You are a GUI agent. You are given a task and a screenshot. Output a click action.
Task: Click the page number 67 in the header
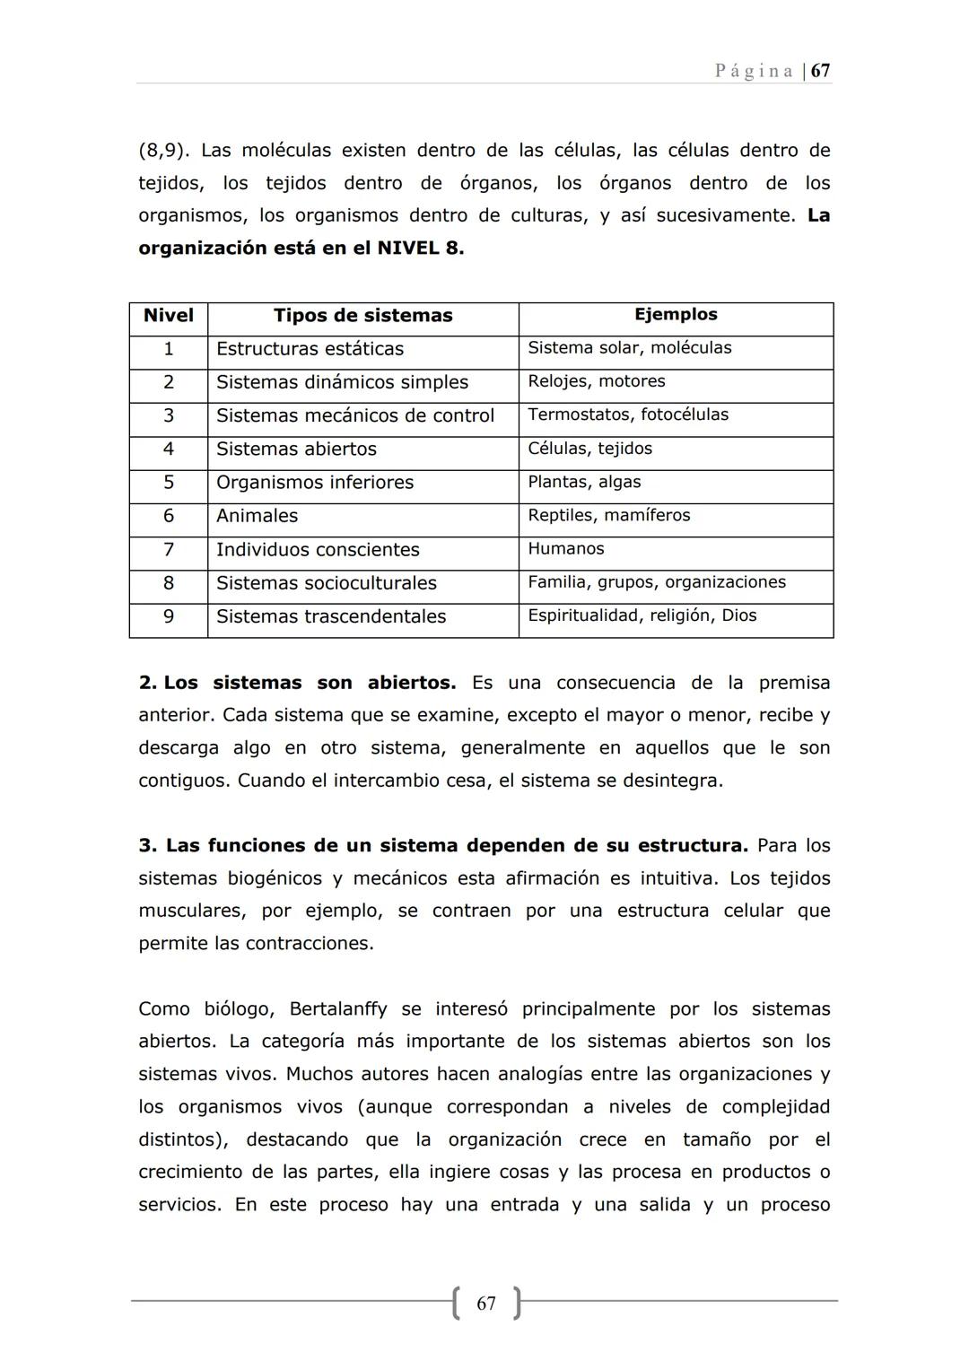[x=820, y=71]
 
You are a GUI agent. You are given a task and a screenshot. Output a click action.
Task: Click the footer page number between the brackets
[x=486, y=1304]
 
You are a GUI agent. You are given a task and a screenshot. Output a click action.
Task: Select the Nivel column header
[x=169, y=316]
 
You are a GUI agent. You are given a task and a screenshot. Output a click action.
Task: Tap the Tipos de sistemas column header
[x=362, y=316]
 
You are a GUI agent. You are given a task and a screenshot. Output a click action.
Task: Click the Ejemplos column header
[x=676, y=315]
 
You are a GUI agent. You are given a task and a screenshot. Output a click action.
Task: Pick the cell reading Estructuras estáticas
[x=310, y=349]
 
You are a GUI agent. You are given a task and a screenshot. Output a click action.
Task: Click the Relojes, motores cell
[x=597, y=381]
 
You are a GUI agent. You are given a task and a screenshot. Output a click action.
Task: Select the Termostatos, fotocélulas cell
[x=628, y=414]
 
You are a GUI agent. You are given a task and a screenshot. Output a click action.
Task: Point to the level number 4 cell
[x=169, y=449]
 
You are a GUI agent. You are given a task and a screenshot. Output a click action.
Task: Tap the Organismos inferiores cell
[x=315, y=483]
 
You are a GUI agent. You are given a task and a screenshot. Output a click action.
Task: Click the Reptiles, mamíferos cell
[x=609, y=515]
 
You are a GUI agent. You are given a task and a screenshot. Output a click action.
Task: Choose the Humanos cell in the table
[x=566, y=549]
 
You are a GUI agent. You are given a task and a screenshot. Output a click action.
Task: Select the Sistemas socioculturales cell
[x=327, y=583]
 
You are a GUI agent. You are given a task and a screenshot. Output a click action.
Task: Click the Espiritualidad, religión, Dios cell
[x=642, y=615]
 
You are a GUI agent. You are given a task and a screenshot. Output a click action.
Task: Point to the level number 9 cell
[x=169, y=616]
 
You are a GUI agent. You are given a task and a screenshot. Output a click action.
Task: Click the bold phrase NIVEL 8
[x=420, y=249]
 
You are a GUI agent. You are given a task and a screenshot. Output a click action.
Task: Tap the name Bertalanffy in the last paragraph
[x=338, y=1009]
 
